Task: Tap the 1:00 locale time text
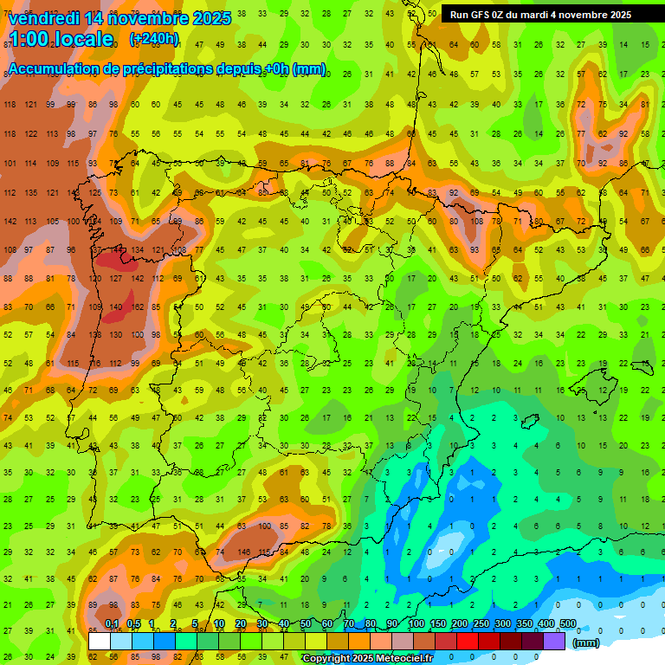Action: click(x=61, y=39)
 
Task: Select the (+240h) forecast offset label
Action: click(x=153, y=39)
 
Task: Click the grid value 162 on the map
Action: click(x=138, y=307)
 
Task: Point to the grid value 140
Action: click(x=116, y=307)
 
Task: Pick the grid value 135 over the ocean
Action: click(x=32, y=193)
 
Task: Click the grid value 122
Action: click(x=32, y=134)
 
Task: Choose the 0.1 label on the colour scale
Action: click(x=112, y=623)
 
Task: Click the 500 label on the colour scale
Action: click(x=568, y=623)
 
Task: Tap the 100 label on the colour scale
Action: click(x=416, y=623)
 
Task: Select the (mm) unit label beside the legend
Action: click(x=586, y=642)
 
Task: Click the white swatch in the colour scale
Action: click(x=100, y=641)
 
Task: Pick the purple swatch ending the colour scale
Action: click(x=555, y=641)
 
